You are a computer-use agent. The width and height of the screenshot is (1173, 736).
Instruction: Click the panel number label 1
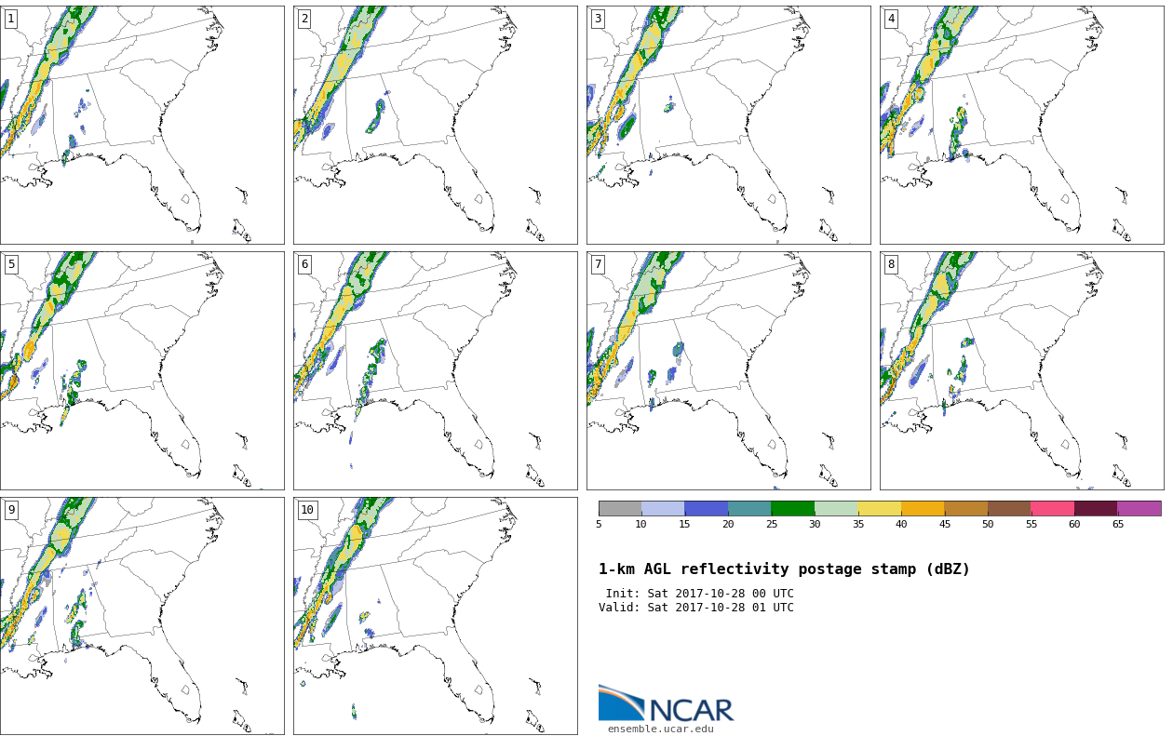tap(10, 20)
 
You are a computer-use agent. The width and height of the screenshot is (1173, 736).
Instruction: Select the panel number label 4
tap(891, 20)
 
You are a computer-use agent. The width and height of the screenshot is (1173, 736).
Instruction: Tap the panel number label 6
tap(304, 264)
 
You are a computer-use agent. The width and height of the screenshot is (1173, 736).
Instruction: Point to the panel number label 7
tap(598, 264)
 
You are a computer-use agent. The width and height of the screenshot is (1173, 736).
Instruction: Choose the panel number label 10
tap(307, 509)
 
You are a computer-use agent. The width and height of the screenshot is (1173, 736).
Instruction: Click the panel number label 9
tap(11, 509)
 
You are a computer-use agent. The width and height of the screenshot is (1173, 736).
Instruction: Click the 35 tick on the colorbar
tap(857, 524)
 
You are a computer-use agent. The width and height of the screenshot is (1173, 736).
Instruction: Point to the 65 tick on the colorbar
tap(1117, 524)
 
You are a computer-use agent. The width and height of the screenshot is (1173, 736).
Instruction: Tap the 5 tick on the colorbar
tap(599, 524)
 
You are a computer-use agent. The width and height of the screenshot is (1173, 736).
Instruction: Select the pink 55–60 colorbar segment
tap(1052, 508)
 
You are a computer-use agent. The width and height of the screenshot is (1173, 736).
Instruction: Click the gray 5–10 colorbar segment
tap(620, 508)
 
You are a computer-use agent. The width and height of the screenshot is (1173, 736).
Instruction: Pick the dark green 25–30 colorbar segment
tap(793, 508)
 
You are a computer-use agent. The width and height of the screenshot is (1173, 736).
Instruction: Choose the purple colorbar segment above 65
tap(1139, 508)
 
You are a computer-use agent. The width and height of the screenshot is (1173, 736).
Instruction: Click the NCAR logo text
tap(692, 710)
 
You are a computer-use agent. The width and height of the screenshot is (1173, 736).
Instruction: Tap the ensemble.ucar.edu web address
tap(660, 729)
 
